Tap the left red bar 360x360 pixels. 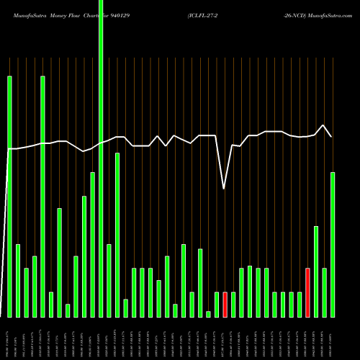point(225,304)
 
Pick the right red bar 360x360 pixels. point(307,292)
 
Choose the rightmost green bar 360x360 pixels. point(333,244)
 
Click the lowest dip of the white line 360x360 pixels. point(224,188)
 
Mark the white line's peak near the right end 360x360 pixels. point(324,125)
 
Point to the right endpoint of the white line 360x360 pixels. point(332,136)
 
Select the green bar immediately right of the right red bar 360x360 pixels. point(316,271)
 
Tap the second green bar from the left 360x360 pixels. point(18,280)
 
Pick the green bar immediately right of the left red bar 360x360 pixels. point(233,304)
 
